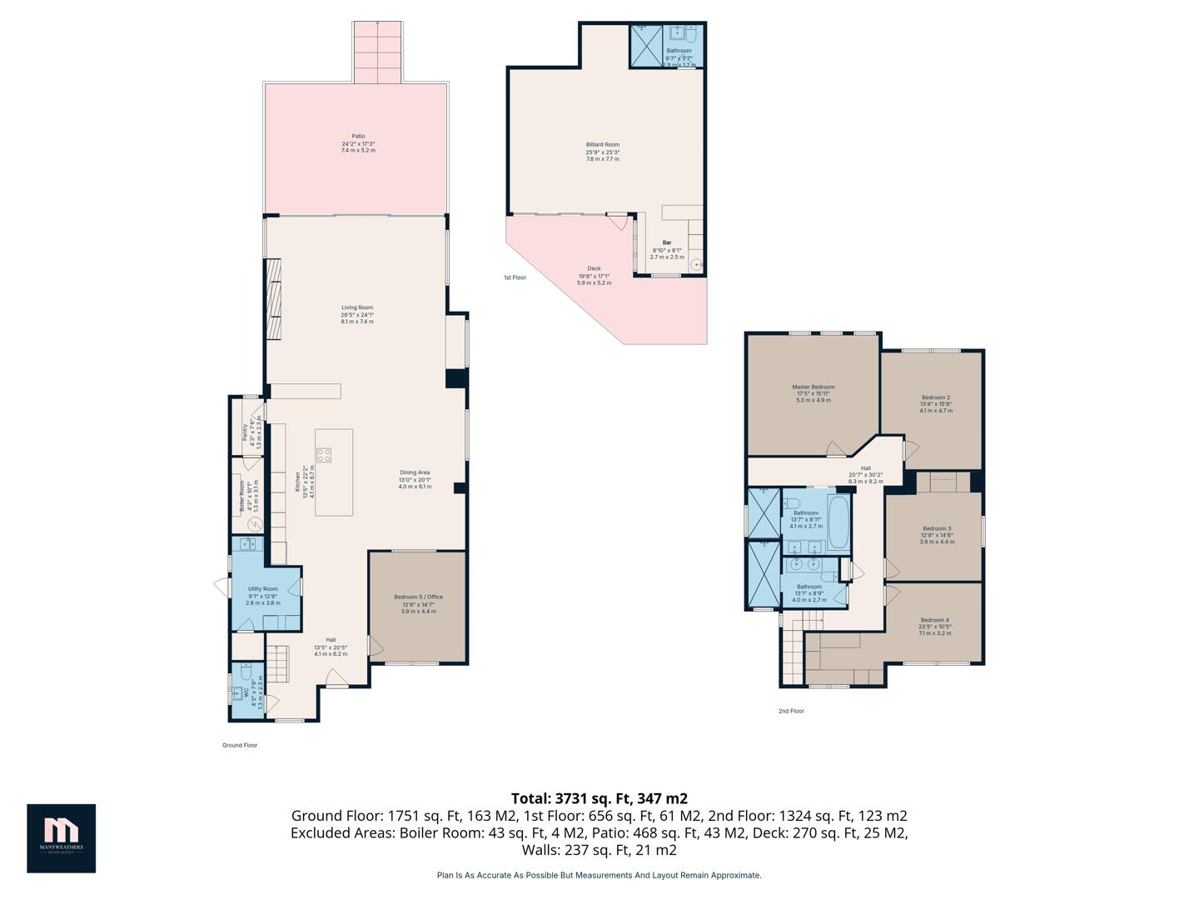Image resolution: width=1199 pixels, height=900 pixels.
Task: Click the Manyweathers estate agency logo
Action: coord(61,837)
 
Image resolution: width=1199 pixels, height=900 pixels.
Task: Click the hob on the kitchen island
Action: coord(324,455)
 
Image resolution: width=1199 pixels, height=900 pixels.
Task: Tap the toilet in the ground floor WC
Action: coord(246,673)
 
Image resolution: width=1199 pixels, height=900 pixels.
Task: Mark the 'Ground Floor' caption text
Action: coord(240,745)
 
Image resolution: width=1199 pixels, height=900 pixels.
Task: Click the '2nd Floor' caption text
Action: coord(791,711)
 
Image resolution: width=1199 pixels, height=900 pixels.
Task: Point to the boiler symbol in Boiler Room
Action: coord(256,524)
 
